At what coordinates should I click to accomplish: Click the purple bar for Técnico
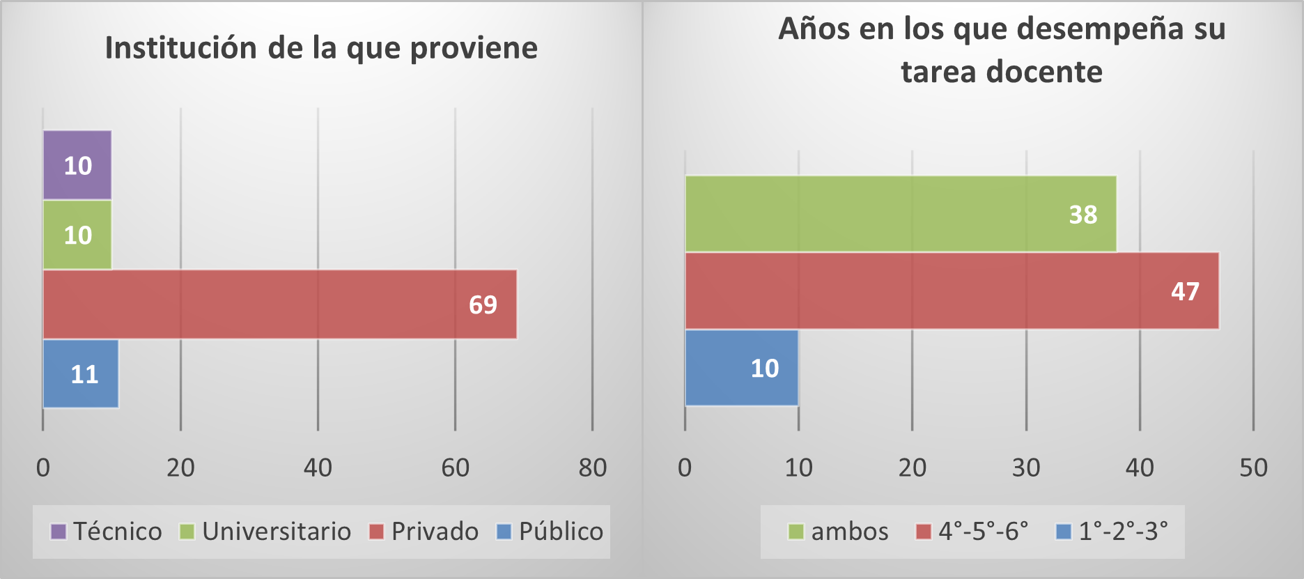(77, 165)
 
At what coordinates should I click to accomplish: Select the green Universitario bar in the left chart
(77, 235)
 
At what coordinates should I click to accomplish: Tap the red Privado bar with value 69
(279, 304)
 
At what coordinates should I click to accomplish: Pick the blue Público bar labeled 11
(80, 374)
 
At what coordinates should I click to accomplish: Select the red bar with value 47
(951, 291)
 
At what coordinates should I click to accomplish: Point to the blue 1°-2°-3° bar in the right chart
(741, 368)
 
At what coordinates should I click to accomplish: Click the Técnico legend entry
(107, 532)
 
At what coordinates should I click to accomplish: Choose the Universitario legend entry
(265, 532)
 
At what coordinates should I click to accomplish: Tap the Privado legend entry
(424, 532)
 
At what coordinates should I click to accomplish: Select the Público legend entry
(550, 532)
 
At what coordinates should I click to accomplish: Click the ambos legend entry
(839, 532)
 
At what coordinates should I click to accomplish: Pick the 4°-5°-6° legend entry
(972, 532)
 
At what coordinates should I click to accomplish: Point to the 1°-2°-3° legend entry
(1112, 532)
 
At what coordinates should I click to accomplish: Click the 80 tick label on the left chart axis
(593, 468)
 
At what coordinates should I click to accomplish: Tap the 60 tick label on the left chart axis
(456, 468)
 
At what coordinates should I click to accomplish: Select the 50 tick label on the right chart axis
(1253, 468)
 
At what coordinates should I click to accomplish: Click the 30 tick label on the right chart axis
(1026, 468)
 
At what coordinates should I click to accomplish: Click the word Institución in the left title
(179, 48)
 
